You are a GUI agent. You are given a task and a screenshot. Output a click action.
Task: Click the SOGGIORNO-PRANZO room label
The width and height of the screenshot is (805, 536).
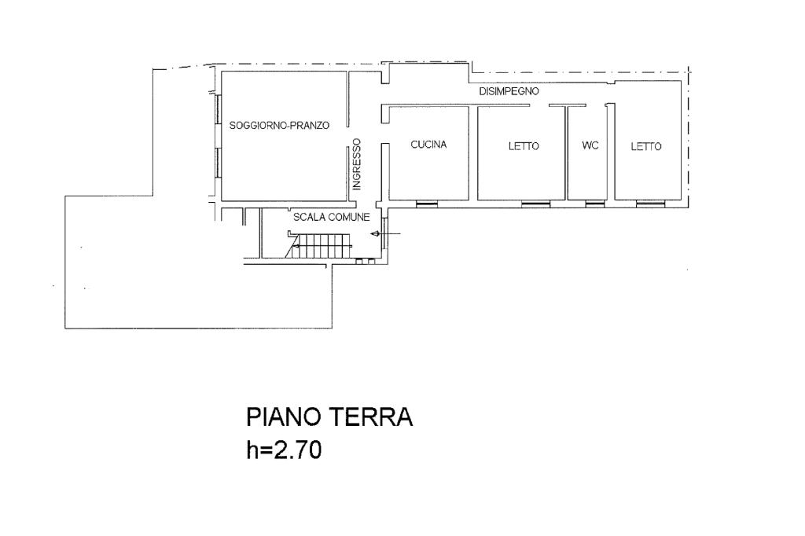[x=279, y=125]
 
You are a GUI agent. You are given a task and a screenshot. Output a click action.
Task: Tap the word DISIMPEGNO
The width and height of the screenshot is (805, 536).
[x=509, y=91]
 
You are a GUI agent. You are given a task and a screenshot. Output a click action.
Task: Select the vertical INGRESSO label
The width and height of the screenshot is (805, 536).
[x=357, y=164]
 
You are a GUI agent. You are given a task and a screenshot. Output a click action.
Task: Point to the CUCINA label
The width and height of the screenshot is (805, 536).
[x=428, y=145]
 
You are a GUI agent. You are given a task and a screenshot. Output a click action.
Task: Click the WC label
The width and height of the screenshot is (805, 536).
[x=590, y=146]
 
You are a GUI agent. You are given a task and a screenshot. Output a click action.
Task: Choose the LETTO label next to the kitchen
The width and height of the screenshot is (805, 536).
[x=524, y=146]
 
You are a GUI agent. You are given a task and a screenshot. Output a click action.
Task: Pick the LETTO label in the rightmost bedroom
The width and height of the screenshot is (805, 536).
[x=646, y=147]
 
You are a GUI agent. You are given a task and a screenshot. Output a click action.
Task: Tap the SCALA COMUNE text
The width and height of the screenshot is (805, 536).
[x=332, y=217]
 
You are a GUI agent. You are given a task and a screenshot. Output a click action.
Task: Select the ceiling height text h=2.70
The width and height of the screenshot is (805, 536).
[x=284, y=450]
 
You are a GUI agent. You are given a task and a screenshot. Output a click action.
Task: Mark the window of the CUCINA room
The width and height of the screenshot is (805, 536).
[x=427, y=204]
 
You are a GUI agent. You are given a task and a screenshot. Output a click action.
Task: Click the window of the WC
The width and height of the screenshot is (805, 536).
[x=595, y=204]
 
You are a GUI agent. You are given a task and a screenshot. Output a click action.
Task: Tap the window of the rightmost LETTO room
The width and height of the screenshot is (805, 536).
[x=650, y=204]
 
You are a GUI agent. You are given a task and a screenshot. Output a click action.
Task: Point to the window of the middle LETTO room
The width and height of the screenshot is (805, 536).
[x=535, y=204]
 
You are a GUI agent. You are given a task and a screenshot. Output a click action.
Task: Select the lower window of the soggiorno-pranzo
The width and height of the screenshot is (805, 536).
[x=218, y=163]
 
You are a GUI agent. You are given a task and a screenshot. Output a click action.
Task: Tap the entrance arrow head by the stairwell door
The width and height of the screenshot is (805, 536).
[x=374, y=235]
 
